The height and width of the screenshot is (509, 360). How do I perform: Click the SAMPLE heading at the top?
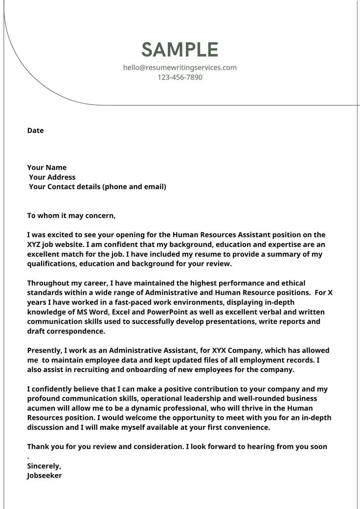[x=180, y=50]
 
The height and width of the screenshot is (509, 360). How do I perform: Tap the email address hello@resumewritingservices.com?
[x=180, y=67]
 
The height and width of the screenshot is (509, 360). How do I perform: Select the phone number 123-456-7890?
[x=180, y=77]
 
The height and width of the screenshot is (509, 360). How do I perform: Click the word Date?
[x=35, y=131]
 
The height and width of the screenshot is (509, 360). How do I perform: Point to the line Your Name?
[x=47, y=168]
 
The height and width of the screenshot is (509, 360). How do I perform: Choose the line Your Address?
[x=52, y=177]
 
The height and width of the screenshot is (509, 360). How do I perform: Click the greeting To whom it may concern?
[x=71, y=216]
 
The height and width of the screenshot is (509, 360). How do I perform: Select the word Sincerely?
[x=44, y=466]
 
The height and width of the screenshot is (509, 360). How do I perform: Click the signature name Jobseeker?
[x=45, y=476]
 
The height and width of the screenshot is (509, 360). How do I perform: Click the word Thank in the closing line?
[x=38, y=446]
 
